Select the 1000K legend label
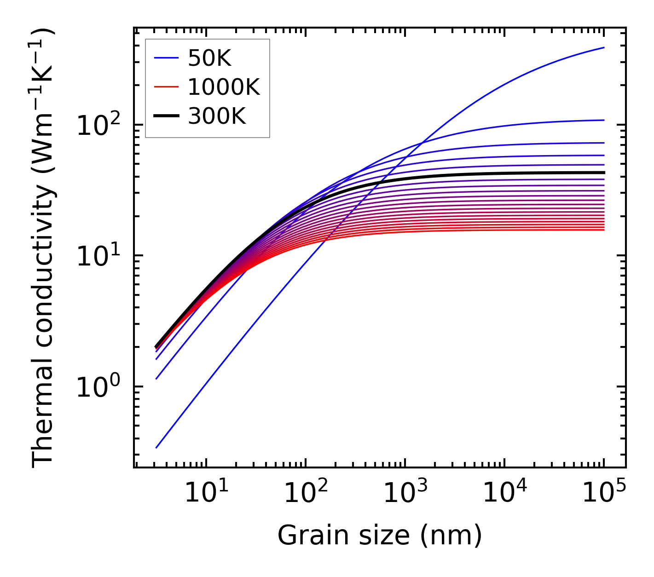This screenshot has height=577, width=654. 224,87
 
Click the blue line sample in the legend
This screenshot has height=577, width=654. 166,58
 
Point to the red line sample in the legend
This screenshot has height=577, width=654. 166,87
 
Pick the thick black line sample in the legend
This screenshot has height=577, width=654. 166,116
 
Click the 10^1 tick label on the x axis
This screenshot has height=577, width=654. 206,492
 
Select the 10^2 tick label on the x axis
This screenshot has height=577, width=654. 305,492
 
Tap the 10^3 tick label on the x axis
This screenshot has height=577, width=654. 405,492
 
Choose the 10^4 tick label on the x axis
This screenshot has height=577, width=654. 504,492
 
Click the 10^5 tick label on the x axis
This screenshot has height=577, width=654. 603,492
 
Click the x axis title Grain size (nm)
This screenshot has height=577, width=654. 380,536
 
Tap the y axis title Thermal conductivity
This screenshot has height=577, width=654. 44,248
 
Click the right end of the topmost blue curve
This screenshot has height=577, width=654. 603,47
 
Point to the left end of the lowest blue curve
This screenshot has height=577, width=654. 156,448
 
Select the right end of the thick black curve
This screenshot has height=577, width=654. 603,173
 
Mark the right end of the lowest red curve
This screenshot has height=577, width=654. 603,230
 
